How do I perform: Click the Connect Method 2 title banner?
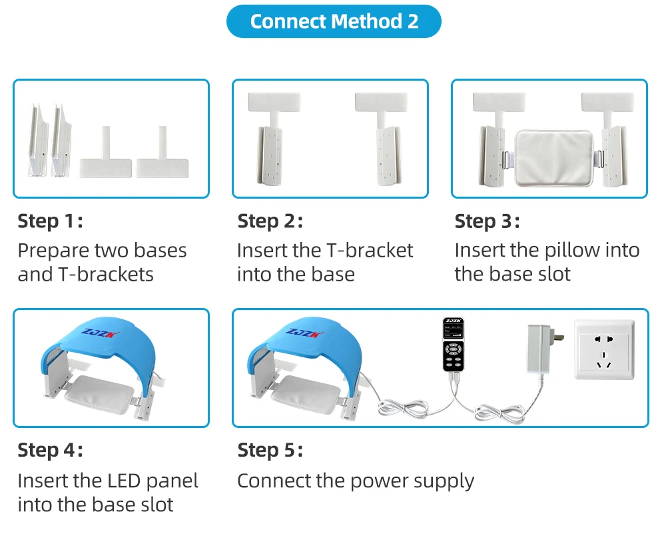334,21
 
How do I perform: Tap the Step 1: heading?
50,221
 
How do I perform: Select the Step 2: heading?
270,221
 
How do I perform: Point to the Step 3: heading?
487,221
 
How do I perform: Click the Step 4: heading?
50,450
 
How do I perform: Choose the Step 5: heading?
270,450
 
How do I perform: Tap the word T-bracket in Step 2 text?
370,251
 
